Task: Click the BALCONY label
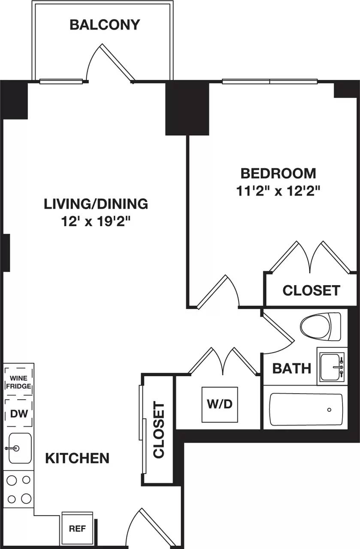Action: (105, 25)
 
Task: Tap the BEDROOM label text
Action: (278, 173)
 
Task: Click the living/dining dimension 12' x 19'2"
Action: (96, 222)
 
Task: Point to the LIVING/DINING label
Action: (96, 204)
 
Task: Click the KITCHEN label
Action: (77, 458)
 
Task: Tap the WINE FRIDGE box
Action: (18, 381)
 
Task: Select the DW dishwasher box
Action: (18, 413)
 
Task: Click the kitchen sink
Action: (19, 448)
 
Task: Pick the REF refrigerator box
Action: (77, 528)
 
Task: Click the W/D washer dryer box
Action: (220, 404)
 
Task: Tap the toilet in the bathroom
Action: (320, 326)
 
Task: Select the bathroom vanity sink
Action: (332, 367)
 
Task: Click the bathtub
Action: (306, 409)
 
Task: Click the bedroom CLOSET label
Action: (311, 290)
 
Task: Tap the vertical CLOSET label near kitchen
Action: (158, 430)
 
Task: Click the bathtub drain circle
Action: (329, 410)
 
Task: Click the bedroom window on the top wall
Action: (269, 81)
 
